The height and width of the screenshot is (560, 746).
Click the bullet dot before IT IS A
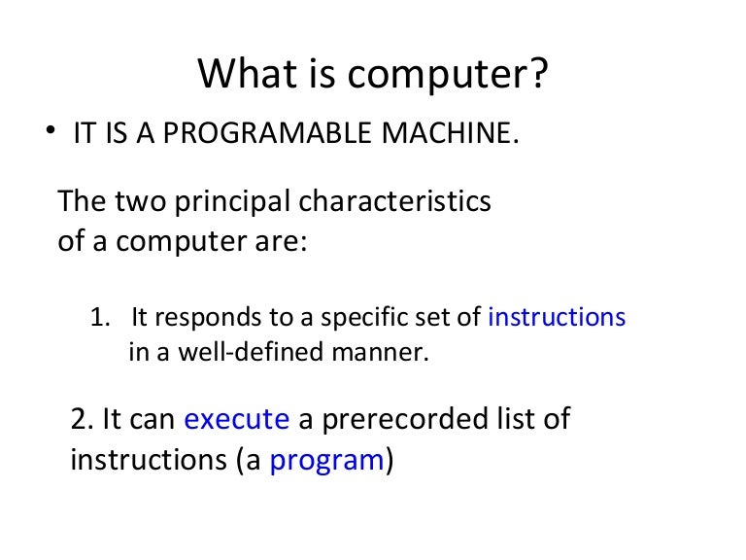50,131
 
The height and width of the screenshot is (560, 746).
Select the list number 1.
98,317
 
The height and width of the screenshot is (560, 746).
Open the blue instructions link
557,317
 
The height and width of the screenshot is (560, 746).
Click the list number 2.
82,419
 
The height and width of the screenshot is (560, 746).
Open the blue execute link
236,419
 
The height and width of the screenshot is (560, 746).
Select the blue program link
326,460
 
